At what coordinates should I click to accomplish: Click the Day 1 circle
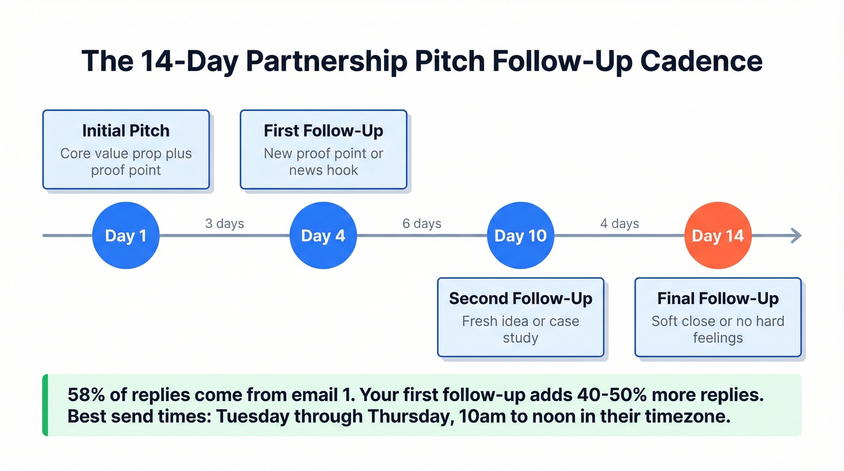pos(125,235)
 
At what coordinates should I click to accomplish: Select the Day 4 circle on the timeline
pos(323,235)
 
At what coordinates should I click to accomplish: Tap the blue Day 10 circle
pos(520,235)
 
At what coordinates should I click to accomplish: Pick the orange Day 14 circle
pos(718,235)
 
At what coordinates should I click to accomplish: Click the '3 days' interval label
pos(224,224)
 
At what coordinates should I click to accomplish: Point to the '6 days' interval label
pos(422,224)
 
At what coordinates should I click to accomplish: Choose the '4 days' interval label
pos(620,224)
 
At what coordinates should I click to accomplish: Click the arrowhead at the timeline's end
pos(797,235)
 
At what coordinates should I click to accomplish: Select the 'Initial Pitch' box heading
pos(125,131)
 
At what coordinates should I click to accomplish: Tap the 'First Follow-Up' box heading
pos(323,131)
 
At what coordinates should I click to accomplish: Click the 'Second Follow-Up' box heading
pos(520,299)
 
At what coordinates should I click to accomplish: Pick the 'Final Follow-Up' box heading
pos(718,299)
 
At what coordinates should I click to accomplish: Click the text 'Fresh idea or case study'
pos(520,329)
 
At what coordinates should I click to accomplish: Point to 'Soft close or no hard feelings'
pos(718,329)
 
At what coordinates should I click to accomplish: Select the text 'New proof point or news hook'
pos(323,162)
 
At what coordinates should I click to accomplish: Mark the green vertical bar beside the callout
pos(45,405)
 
